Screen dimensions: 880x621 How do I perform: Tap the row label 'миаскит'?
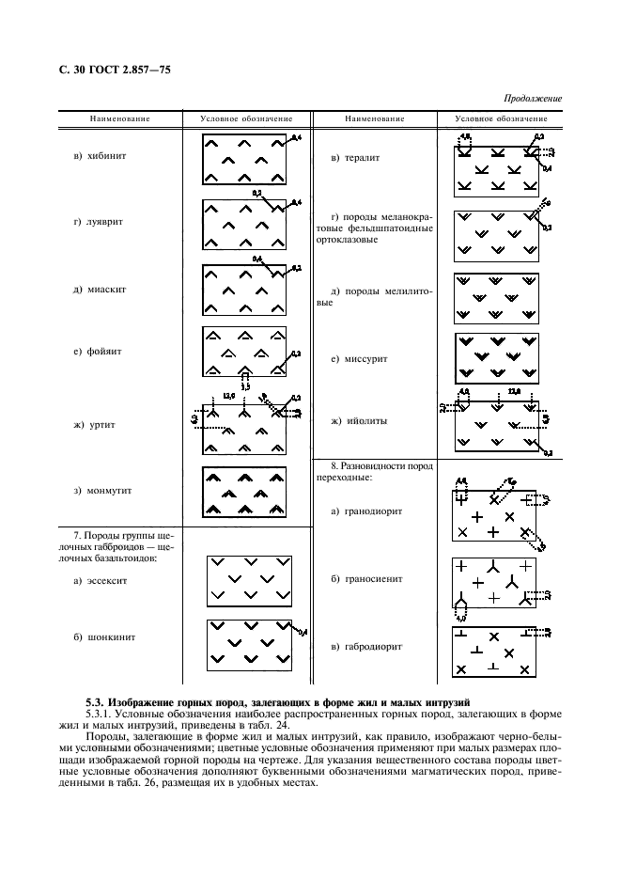pos(100,289)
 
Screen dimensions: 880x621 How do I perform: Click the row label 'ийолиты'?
pos(354,421)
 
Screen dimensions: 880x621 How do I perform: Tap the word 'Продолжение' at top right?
pos(532,98)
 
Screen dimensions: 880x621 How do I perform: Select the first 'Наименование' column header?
pos(120,119)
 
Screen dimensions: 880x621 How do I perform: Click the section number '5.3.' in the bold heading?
pos(96,701)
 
